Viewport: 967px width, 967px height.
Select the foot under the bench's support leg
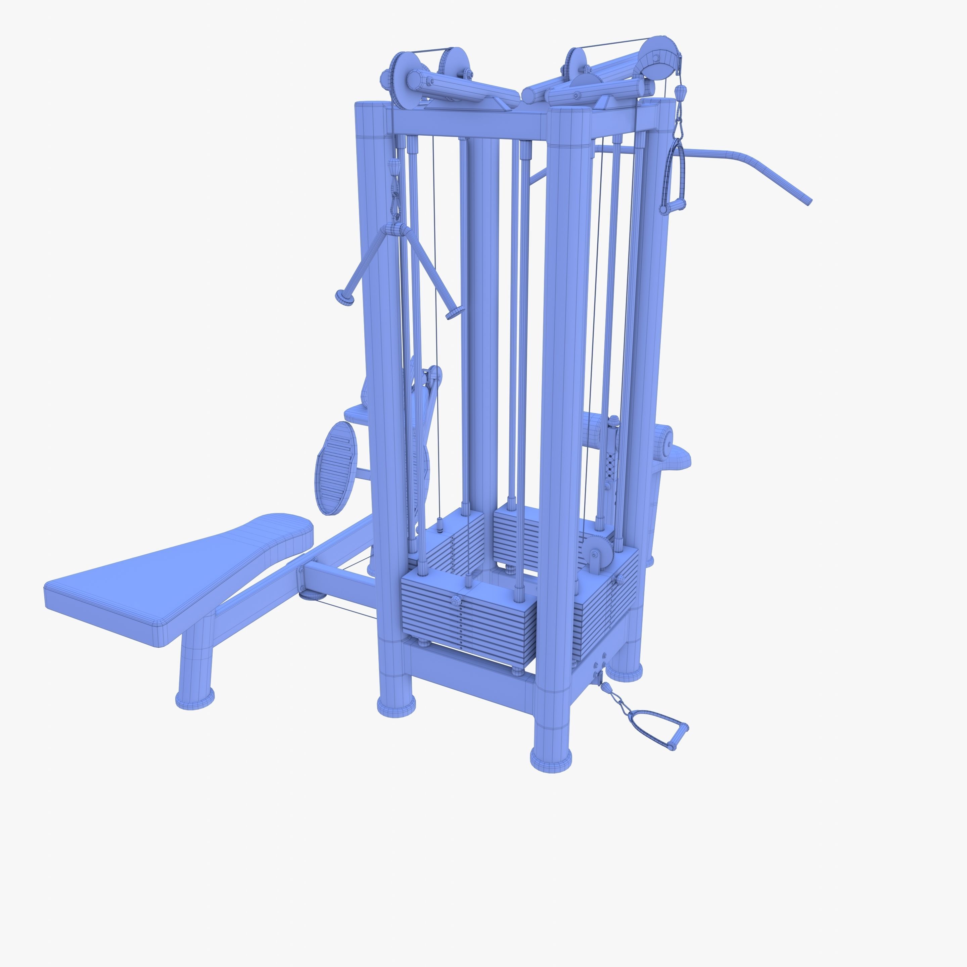[x=195, y=698]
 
